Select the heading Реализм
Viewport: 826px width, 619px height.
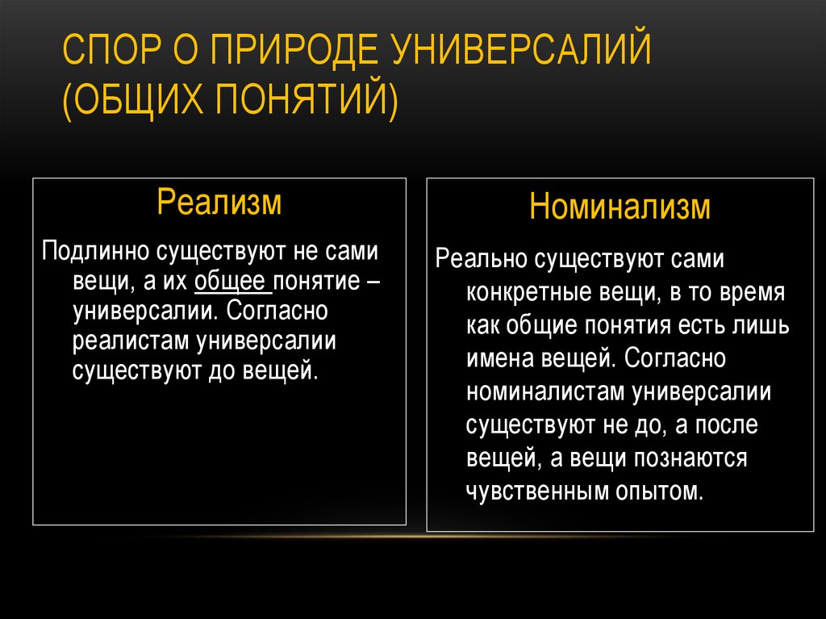coord(219,201)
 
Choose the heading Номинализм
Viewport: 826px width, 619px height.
coord(619,206)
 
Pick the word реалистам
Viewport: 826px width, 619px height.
coord(131,341)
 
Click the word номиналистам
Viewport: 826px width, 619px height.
coord(545,392)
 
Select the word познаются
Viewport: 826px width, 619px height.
coord(690,458)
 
